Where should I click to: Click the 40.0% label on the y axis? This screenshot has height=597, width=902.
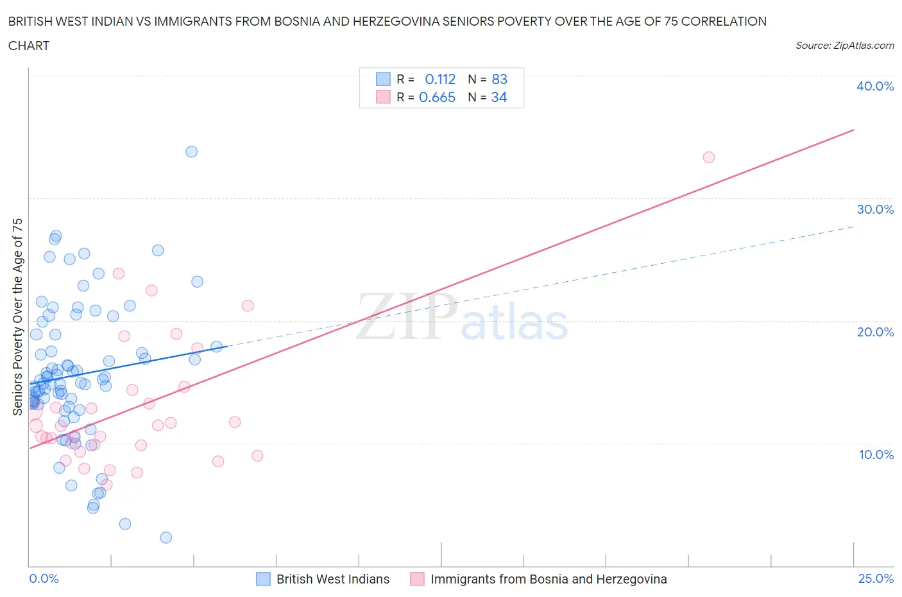874,86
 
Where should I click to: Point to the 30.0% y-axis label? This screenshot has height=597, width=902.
874,209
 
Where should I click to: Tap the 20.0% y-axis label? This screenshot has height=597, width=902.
874,332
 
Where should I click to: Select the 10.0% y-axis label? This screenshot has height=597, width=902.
876,454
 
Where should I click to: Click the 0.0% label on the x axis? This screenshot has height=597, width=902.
44,578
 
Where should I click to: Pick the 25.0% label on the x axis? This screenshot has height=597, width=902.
876,578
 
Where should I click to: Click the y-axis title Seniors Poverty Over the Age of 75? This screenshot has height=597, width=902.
17,316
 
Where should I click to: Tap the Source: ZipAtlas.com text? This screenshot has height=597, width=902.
844,46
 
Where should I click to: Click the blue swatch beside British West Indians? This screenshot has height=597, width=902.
263,579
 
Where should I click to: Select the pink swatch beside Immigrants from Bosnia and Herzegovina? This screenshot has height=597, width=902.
417,579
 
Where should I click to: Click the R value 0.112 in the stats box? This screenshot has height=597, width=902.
440,79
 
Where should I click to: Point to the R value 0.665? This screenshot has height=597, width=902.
437,97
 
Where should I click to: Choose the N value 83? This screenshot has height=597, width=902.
499,79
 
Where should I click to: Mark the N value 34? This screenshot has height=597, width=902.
499,97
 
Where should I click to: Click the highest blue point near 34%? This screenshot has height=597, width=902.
191,151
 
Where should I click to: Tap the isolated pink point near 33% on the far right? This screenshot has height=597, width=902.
708,157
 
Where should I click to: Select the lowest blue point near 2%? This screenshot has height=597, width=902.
166,537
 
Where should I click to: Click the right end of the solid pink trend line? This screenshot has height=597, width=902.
853,130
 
